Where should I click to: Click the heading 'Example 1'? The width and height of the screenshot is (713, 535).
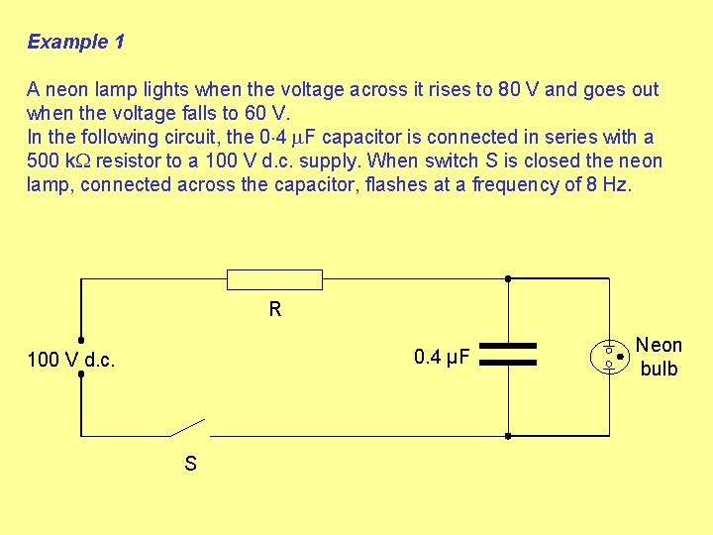[76, 42]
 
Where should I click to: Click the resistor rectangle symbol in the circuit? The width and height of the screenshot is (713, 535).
[274, 279]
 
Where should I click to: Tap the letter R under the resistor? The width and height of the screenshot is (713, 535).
[275, 309]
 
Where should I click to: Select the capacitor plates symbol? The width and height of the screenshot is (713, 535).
[507, 356]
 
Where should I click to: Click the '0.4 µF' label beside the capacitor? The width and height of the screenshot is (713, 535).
[442, 357]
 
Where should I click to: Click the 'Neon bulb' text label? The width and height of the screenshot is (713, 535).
[659, 357]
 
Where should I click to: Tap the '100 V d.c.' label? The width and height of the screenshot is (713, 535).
[71, 360]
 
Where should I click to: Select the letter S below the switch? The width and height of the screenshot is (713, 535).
[190, 463]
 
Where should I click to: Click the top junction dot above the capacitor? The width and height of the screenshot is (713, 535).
[507, 279]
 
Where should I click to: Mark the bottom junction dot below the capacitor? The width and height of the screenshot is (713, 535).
[507, 435]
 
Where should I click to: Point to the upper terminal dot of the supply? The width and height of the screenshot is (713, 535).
[81, 338]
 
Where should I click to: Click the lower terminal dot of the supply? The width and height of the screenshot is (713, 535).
[81, 376]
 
